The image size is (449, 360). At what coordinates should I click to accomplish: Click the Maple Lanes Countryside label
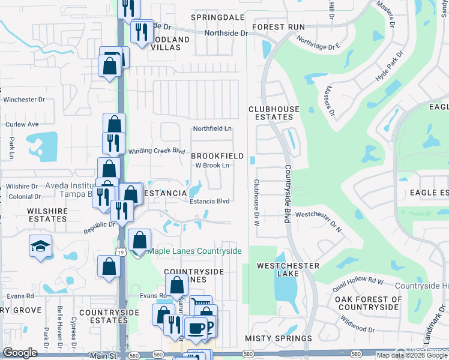(194, 251)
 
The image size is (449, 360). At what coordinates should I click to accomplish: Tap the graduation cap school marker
(40, 246)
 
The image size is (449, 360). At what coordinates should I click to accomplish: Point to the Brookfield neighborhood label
(217, 156)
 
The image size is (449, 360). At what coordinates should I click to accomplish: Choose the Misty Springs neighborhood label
(278, 339)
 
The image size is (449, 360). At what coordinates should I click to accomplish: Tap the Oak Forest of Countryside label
(368, 303)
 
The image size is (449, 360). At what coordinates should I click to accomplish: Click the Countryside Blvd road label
(288, 194)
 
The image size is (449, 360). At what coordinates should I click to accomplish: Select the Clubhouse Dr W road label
(256, 203)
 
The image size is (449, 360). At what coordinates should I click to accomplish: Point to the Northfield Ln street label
(212, 129)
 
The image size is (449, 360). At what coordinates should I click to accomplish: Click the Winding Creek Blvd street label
(157, 151)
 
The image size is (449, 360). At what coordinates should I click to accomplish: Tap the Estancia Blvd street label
(210, 202)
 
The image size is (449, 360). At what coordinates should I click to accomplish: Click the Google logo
(20, 353)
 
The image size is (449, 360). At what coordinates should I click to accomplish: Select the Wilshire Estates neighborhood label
(46, 215)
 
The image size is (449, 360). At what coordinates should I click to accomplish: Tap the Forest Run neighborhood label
(279, 27)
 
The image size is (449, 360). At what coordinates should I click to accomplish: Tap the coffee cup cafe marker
(196, 327)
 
